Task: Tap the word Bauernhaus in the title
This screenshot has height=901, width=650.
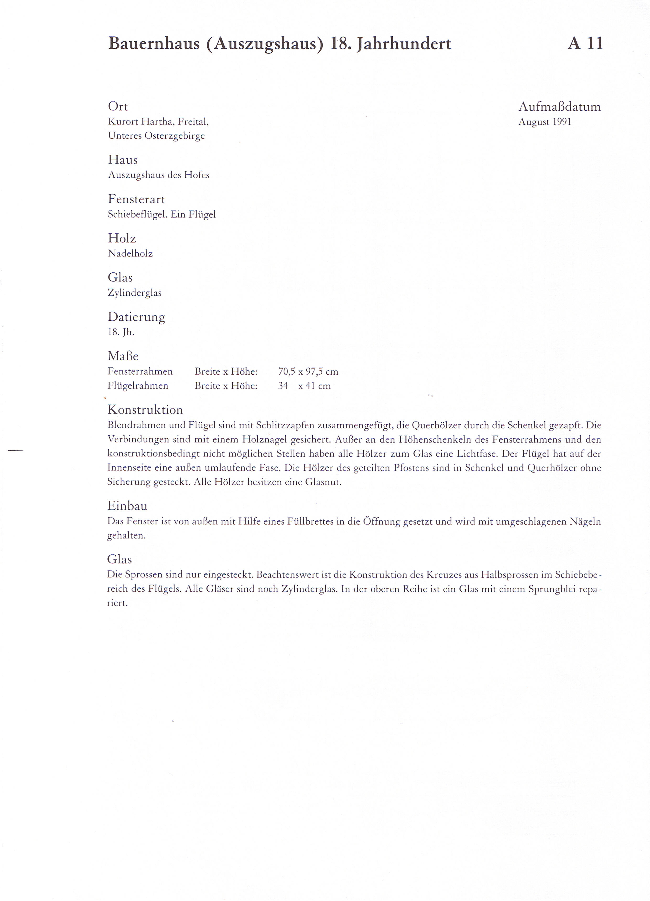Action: pyautogui.click(x=154, y=43)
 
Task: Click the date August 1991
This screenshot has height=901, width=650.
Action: pyautogui.click(x=544, y=122)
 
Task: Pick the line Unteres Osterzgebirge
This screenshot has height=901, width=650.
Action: pyautogui.click(x=156, y=136)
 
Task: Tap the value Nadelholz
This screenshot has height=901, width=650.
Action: pyautogui.click(x=130, y=253)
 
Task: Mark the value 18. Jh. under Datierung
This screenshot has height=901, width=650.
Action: pyautogui.click(x=121, y=332)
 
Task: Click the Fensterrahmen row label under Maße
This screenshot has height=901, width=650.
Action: pyautogui.click(x=140, y=371)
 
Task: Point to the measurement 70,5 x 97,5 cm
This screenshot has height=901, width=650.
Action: pyautogui.click(x=308, y=372)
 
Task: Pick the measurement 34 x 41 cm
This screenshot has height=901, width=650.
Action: pyautogui.click(x=304, y=386)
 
